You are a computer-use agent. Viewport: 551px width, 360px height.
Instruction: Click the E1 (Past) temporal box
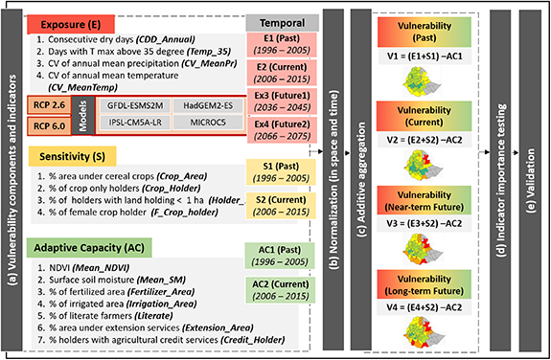[x=274, y=44]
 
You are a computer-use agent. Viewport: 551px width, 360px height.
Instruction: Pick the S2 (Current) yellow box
[x=274, y=203]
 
